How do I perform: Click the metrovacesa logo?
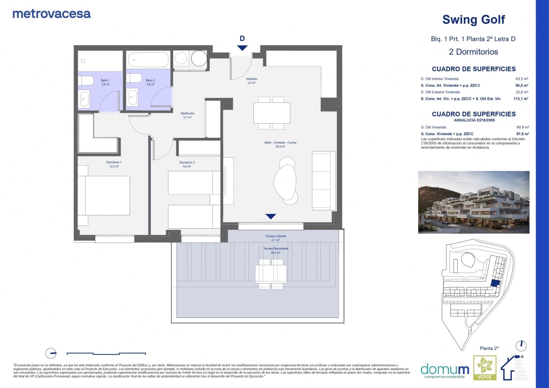point(51,14)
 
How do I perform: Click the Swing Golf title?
point(474,20)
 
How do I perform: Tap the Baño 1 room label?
point(105,82)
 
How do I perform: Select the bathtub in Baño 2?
point(148,60)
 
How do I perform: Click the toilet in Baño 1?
point(86,81)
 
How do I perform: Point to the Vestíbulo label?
point(252,81)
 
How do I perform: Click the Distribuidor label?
point(187,115)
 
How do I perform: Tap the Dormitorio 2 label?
point(187,164)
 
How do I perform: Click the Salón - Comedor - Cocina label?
point(280,144)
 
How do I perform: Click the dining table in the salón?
point(272,113)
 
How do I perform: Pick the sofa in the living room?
point(323,180)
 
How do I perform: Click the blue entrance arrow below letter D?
point(242,48)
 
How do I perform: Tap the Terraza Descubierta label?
point(276,250)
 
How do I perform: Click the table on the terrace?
point(271,274)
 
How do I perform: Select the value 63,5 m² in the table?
point(522,79)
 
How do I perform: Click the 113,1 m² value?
point(521,99)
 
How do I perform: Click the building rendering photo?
point(474,202)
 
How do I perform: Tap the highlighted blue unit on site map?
point(495,283)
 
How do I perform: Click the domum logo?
point(445,371)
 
